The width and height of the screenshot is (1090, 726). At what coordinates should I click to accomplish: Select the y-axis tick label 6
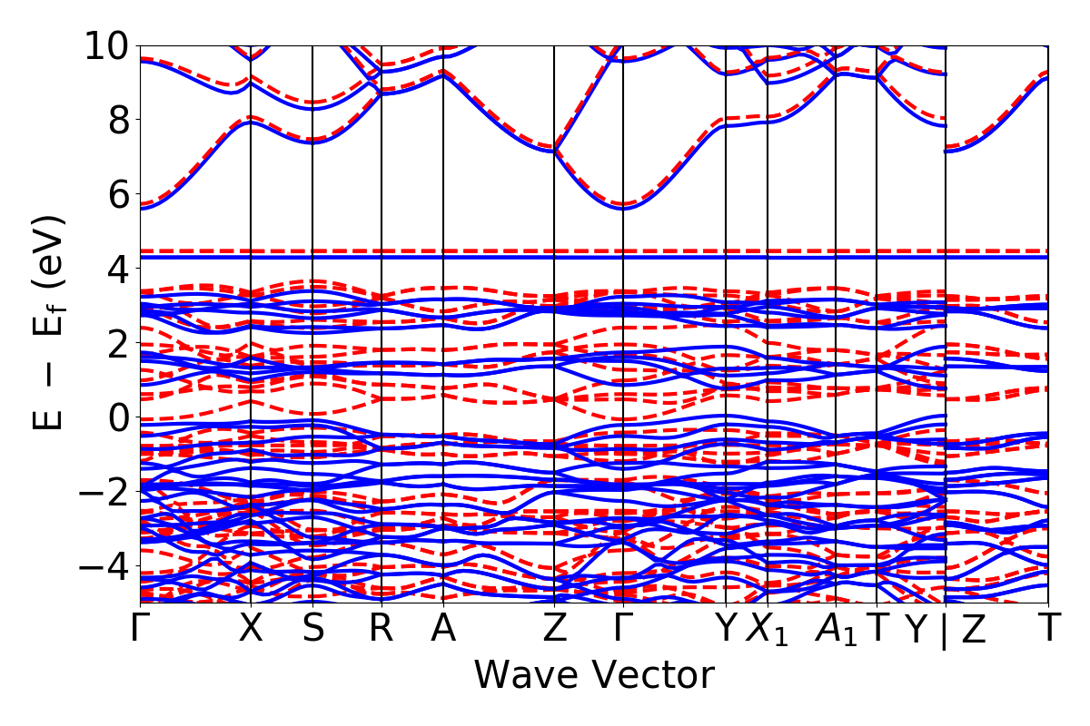116,194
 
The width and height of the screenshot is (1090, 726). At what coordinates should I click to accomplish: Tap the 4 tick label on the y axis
116,269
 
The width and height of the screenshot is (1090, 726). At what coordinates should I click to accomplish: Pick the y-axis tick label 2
116,343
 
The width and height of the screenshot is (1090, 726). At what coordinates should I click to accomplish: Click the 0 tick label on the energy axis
116,417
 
